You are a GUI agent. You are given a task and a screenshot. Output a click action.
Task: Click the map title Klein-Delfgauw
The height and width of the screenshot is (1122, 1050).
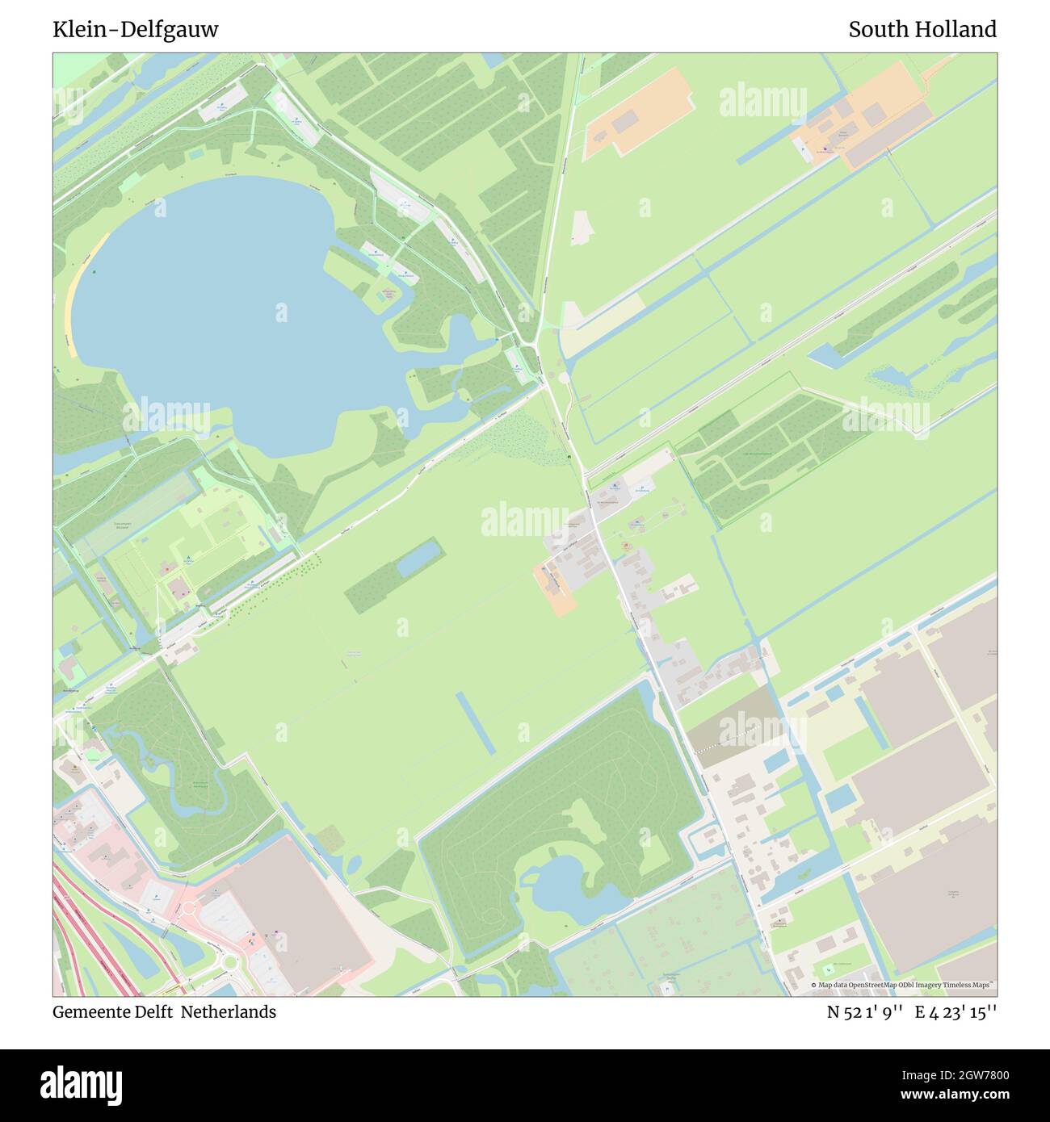pos(136,30)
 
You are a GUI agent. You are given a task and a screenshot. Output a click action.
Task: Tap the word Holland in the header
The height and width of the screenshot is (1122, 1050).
pos(958,30)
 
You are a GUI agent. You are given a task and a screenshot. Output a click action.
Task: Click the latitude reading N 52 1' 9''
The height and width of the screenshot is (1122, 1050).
pos(864,1012)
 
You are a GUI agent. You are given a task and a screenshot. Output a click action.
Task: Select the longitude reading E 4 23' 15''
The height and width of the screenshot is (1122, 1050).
pos(955,1012)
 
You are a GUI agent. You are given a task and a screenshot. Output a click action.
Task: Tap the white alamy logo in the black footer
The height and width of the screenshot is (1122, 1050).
pos(83,1082)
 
